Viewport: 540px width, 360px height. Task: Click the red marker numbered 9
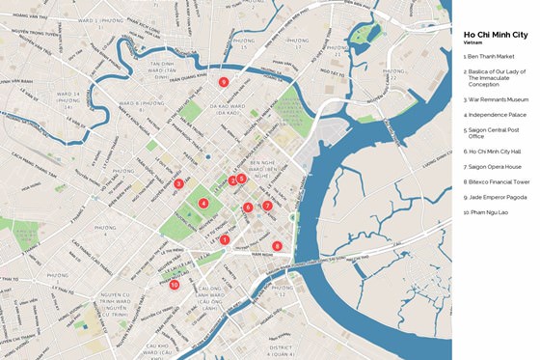223,82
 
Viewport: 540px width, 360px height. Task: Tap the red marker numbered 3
178,183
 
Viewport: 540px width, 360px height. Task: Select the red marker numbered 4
203,203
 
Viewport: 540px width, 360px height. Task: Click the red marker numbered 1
225,239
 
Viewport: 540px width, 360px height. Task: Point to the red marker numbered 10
175,285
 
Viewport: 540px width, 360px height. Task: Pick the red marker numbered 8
277,245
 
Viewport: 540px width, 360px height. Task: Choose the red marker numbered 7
267,206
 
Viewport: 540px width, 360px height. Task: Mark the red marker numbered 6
248,208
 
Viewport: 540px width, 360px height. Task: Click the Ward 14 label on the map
68,96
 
